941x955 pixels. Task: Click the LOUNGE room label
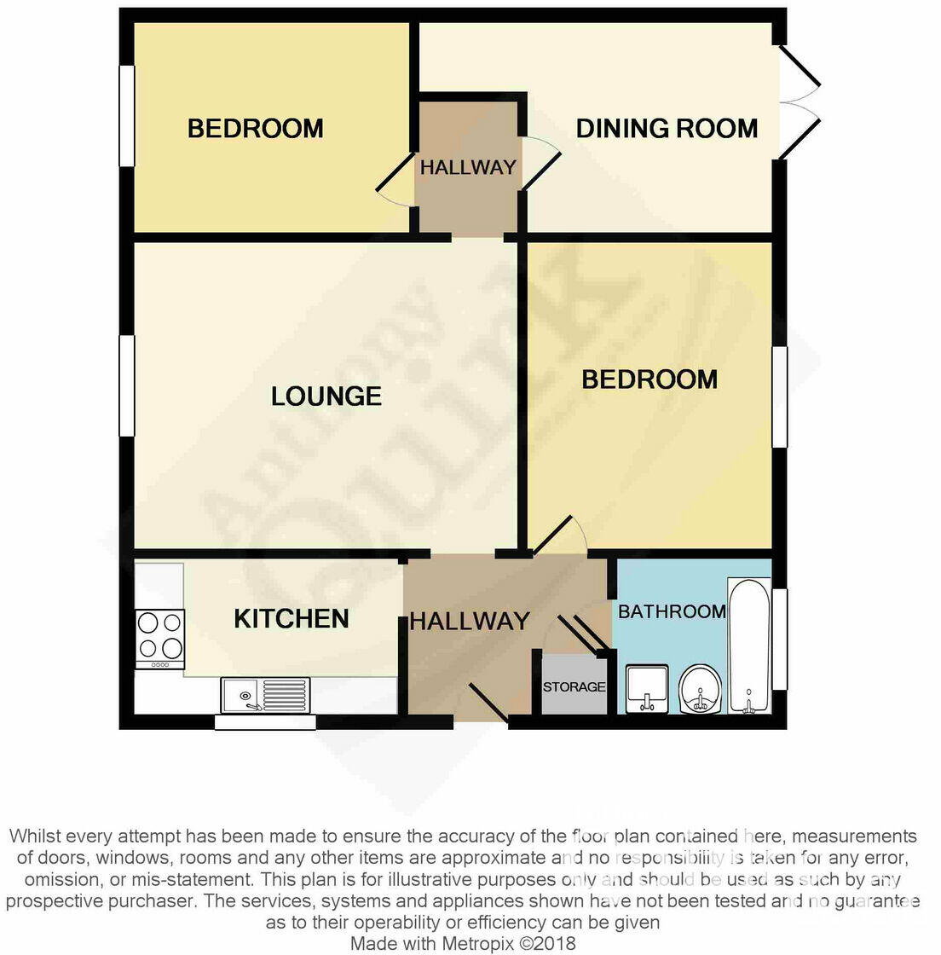[326, 396]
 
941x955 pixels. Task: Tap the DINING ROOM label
[667, 129]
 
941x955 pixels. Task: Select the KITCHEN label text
[292, 618]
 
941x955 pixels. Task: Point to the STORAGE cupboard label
[574, 686]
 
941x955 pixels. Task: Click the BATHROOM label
[672, 611]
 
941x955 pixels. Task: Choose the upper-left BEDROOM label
[255, 129]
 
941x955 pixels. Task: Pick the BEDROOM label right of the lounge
[649, 379]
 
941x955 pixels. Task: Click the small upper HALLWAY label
[468, 167]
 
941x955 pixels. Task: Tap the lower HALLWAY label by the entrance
[470, 621]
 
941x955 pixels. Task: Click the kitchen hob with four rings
[160, 638]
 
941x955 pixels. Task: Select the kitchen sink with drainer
[265, 693]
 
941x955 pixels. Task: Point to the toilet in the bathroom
[701, 688]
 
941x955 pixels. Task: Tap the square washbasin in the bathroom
[648, 689]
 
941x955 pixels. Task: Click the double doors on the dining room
[800, 102]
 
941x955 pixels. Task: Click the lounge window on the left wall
[127, 385]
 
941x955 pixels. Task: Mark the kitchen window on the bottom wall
[265, 722]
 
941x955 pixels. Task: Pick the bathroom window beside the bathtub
[779, 638]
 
